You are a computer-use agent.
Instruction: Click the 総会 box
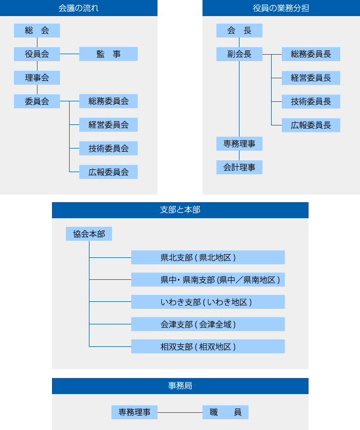(x=37, y=31)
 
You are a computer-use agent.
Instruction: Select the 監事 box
(x=108, y=54)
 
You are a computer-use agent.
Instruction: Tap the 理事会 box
(x=37, y=78)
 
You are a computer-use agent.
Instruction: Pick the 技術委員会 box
(x=108, y=149)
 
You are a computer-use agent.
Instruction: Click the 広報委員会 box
(x=108, y=172)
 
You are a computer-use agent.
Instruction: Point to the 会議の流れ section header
(x=79, y=8)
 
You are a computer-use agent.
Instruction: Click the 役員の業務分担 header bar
(x=281, y=8)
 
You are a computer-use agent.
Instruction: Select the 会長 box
(x=239, y=31)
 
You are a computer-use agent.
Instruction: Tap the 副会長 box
(x=239, y=54)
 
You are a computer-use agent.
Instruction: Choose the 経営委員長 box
(x=311, y=78)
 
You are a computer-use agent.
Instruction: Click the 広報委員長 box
(x=311, y=125)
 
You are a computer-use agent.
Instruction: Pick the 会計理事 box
(x=239, y=168)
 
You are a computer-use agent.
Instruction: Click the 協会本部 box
(x=89, y=234)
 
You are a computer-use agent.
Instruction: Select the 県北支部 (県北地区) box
(x=208, y=257)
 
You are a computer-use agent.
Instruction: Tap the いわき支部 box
(x=208, y=302)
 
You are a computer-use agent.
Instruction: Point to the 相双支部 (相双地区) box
(x=208, y=346)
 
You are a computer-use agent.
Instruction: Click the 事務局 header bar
(x=180, y=385)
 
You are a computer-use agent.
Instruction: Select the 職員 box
(x=226, y=412)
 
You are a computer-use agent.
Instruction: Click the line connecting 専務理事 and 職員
(x=180, y=412)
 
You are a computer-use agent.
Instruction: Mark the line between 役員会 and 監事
(x=70, y=54)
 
